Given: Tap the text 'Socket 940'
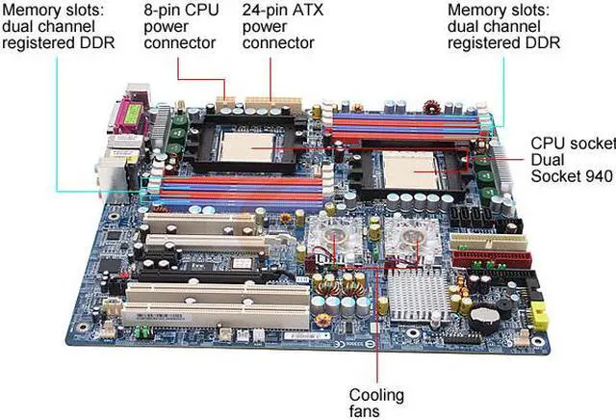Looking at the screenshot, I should click(574, 177).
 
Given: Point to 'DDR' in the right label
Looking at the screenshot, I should click(542, 42).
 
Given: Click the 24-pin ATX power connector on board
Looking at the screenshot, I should click(269, 100).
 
